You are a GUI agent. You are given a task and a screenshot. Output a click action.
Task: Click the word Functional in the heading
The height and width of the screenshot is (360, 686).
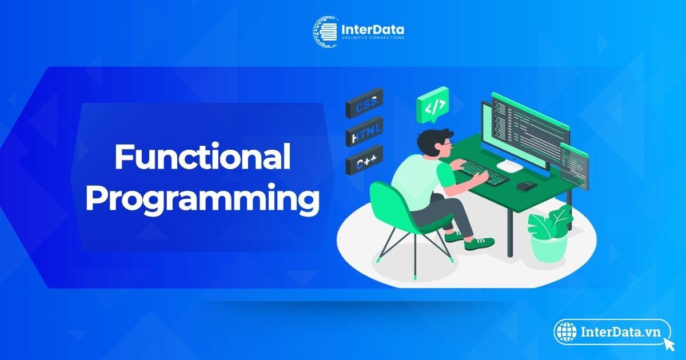click(x=202, y=157)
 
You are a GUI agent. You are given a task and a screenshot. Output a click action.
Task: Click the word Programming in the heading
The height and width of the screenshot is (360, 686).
click(x=202, y=198)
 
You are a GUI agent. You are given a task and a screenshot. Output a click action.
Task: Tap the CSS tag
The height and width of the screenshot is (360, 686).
click(x=365, y=103)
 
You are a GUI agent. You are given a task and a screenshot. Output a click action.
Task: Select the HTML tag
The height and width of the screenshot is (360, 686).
click(x=365, y=131)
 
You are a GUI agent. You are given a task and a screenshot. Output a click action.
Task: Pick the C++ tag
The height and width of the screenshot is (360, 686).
click(x=365, y=161)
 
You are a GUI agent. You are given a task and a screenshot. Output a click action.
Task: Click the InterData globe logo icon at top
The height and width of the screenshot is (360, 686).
click(x=326, y=31)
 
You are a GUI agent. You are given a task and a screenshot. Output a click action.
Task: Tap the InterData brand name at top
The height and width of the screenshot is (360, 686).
click(x=372, y=29)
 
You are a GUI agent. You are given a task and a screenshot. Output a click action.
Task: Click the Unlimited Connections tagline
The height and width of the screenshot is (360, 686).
click(x=373, y=38)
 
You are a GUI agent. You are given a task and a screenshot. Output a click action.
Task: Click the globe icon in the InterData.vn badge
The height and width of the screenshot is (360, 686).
click(x=567, y=332)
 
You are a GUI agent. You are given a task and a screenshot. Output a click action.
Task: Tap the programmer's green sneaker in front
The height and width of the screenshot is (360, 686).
click(x=479, y=243)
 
